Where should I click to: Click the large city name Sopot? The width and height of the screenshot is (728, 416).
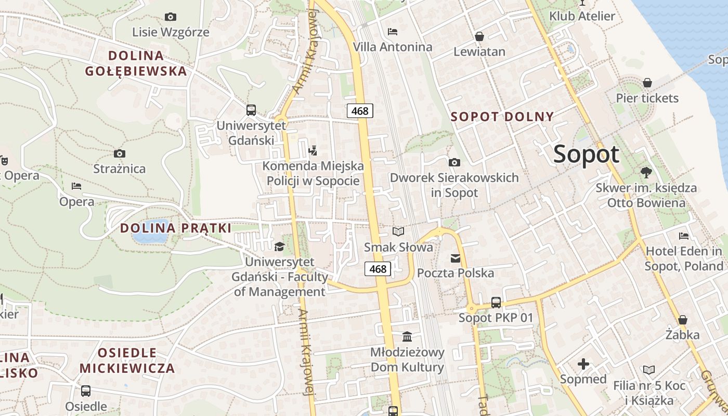[x=587, y=154]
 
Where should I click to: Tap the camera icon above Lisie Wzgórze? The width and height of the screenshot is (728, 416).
[x=171, y=17]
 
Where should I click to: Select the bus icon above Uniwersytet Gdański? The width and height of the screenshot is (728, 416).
[x=251, y=110]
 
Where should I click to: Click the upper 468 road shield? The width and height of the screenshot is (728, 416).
[x=360, y=110]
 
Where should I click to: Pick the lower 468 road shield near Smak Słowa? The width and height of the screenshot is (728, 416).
[x=378, y=269]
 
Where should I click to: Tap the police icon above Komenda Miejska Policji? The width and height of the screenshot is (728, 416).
[x=313, y=151]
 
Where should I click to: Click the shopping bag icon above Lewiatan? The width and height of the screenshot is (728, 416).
[x=479, y=36]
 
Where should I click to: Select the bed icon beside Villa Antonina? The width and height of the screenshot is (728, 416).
[x=393, y=32]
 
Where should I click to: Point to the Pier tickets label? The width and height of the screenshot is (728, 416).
[x=647, y=98]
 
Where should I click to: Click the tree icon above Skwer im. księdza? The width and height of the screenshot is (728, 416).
[x=646, y=172]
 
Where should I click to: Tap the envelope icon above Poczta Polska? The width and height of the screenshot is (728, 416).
[x=456, y=258]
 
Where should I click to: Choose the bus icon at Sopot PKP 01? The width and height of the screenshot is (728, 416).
[x=496, y=303]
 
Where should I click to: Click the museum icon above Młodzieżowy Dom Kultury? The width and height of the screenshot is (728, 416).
[x=407, y=337]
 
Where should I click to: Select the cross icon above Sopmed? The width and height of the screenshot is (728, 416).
[x=583, y=364]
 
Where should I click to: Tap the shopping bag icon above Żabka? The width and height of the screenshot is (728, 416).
[x=683, y=319]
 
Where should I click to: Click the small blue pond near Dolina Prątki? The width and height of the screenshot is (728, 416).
[x=150, y=237]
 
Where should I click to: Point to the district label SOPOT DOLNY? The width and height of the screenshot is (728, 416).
[x=502, y=116]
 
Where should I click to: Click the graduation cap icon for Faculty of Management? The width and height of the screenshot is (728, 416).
[x=280, y=246]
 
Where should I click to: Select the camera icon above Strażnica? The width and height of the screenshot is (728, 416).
[x=120, y=153]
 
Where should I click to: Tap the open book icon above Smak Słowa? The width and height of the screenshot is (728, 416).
[x=398, y=231]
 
